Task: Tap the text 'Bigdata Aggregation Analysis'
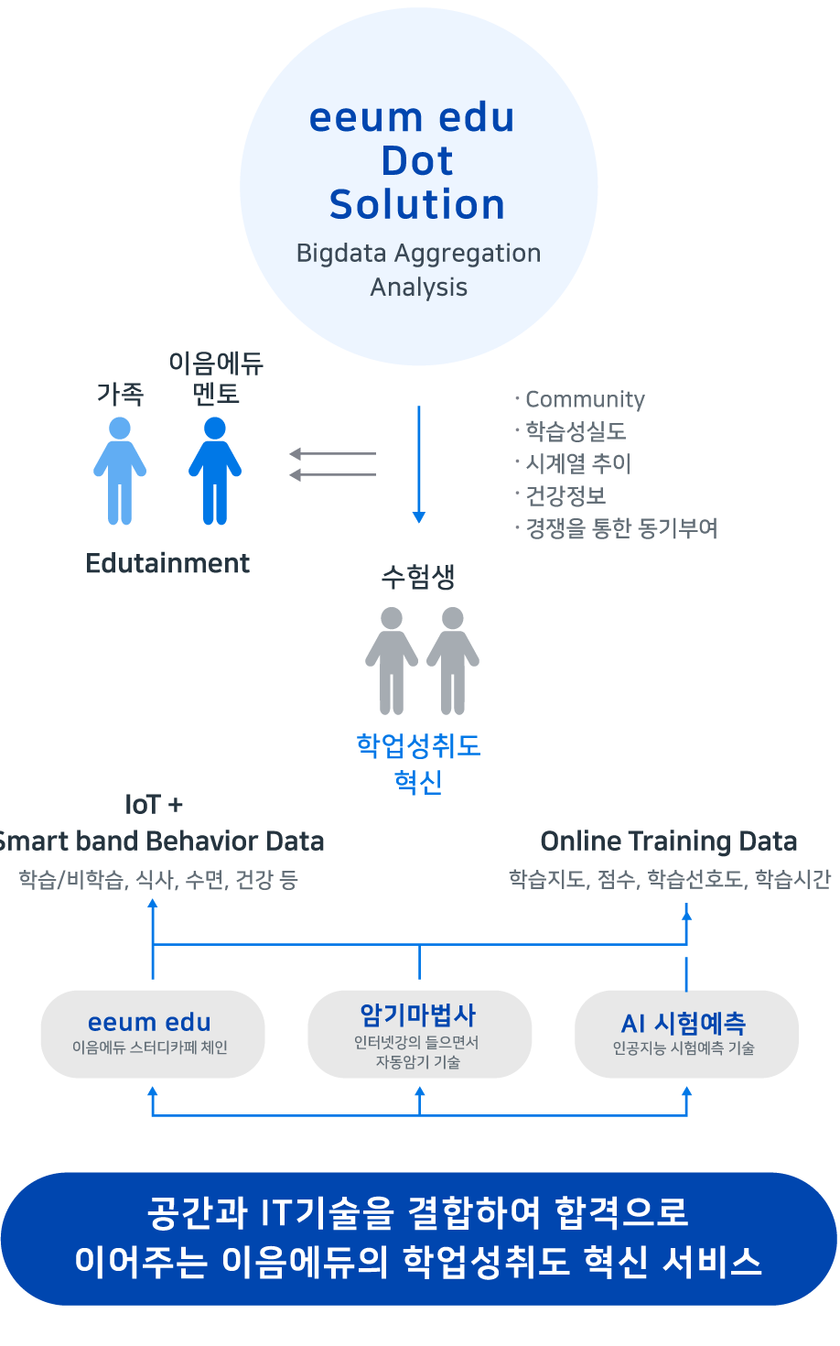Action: [418, 270]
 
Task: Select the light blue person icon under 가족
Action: [120, 471]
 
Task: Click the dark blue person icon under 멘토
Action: [215, 471]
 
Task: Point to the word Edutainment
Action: [167, 563]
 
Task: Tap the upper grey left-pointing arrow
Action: [332, 453]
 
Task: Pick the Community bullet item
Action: [584, 399]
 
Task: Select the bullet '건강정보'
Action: [565, 495]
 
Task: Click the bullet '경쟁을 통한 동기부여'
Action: [620, 528]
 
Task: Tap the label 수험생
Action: [418, 577]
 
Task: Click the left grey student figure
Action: [392, 660]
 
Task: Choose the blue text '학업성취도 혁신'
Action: [418, 763]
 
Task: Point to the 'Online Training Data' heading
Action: [669, 841]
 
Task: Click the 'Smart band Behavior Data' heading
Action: [161, 841]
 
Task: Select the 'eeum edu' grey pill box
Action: [152, 1034]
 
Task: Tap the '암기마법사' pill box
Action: [419, 1034]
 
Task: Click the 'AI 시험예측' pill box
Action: [685, 1034]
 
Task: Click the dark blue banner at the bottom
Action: [418, 1238]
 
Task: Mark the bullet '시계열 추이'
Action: [577, 463]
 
